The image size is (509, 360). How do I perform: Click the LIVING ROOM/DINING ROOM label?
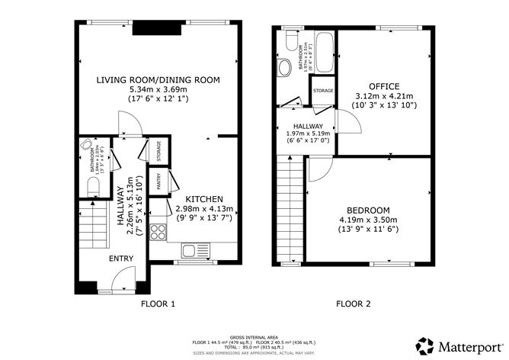pos(158,79)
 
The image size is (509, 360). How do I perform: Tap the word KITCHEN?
pos(204,198)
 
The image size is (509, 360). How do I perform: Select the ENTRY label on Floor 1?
pos(121,259)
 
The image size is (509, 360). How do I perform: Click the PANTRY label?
pos(158,182)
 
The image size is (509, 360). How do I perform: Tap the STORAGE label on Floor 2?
pos(323,91)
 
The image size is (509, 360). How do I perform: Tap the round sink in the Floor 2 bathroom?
pos(285,67)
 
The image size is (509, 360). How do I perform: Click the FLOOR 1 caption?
pos(158,304)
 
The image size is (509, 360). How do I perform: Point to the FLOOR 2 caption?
pos(354,304)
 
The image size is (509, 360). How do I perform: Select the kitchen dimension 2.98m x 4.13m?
pos(204,208)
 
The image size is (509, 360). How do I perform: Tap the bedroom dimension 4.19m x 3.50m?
pos(368,220)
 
